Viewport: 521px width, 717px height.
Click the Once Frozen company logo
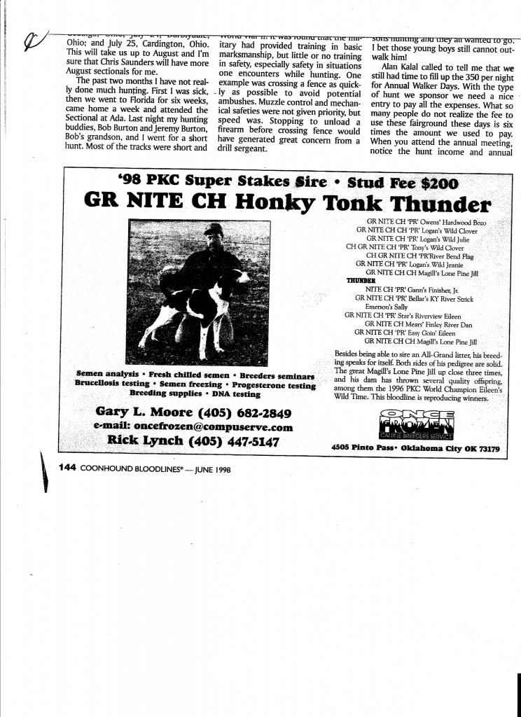[x=416, y=425]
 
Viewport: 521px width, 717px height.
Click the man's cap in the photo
[x=214, y=229]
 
